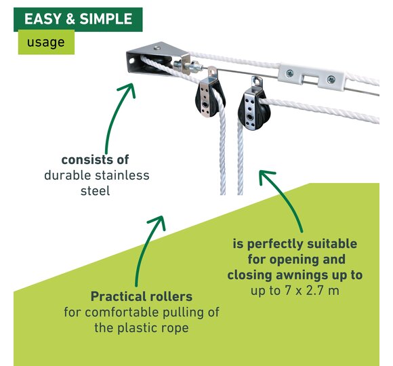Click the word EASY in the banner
pyautogui.click(x=43, y=19)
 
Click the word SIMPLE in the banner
pyautogui.click(x=106, y=19)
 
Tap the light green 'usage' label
pyautogui.click(x=46, y=42)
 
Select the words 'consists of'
pyautogui.click(x=96, y=160)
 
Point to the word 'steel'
pyautogui.click(x=96, y=191)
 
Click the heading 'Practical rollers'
pyautogui.click(x=142, y=297)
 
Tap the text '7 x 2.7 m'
pyautogui.click(x=312, y=291)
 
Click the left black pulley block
pyautogui.click(x=210, y=100)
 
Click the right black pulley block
pyautogui.click(x=254, y=109)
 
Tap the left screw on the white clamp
pyautogui.click(x=290, y=73)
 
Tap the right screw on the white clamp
pyautogui.click(x=331, y=80)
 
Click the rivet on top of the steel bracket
pyautogui.click(x=157, y=47)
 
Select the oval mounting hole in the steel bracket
pyautogui.click(x=131, y=61)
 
